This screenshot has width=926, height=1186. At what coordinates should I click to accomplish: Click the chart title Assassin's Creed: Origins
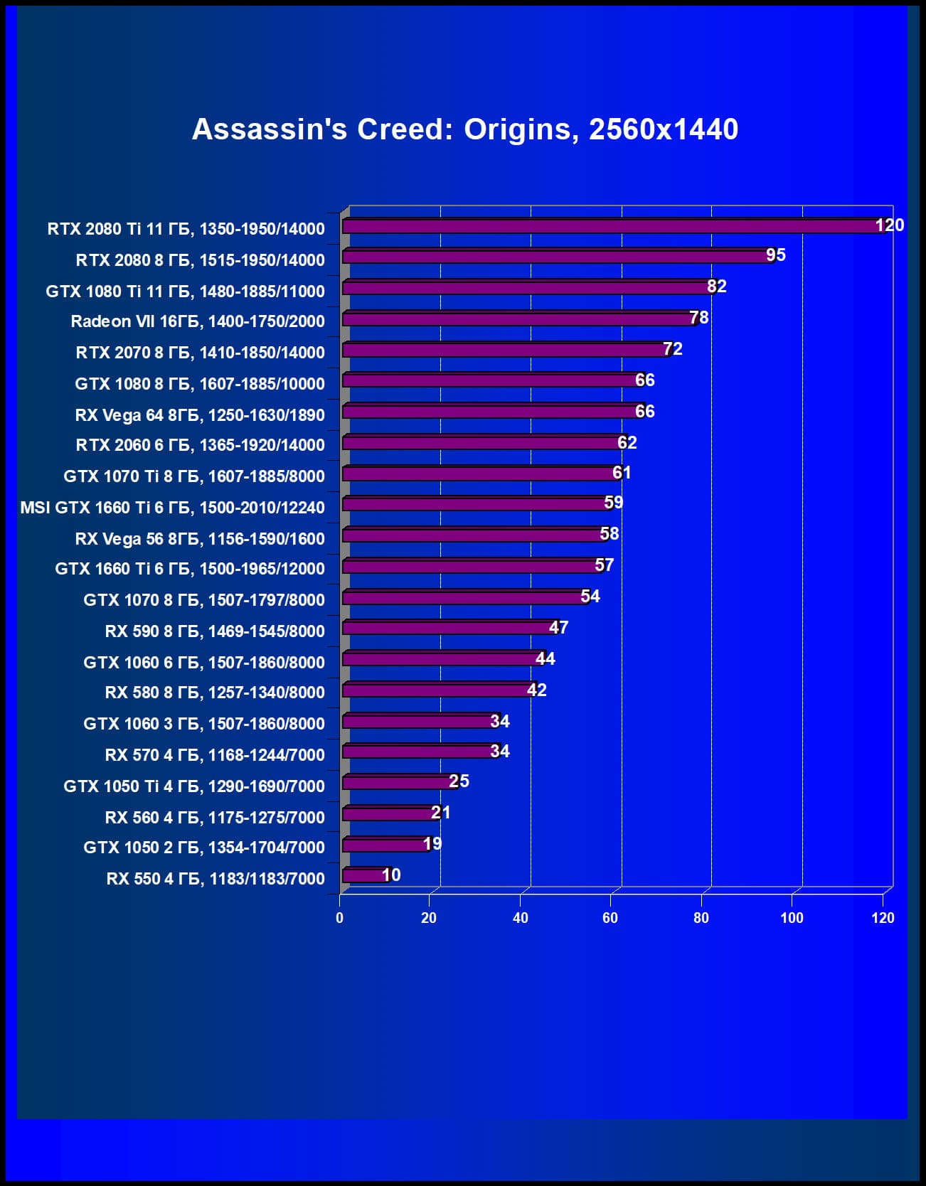465,129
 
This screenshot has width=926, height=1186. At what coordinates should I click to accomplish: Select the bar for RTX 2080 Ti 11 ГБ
612,226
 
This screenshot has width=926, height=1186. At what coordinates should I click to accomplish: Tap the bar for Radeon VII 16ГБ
518,319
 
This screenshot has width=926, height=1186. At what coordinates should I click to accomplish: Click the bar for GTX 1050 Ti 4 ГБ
397,782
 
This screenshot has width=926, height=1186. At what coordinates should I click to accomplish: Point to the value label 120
889,225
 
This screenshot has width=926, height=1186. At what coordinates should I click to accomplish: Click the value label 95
776,255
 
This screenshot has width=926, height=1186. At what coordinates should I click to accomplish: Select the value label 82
717,287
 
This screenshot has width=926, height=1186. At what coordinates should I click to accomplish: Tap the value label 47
558,628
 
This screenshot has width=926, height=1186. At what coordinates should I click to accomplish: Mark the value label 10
391,875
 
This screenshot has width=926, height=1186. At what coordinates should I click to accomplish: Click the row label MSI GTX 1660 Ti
172,508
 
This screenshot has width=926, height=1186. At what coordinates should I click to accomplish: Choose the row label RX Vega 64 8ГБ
199,415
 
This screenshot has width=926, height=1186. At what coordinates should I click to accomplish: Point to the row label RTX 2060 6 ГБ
200,445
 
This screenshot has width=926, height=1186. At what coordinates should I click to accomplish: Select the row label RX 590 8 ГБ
214,631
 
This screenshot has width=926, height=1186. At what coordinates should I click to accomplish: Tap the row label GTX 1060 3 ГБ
203,724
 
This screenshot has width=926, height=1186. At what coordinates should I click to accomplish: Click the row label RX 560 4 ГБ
214,818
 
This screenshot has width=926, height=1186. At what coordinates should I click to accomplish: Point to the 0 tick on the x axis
339,918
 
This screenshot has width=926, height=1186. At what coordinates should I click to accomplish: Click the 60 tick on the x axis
610,918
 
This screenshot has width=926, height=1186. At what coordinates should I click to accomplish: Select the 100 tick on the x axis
792,918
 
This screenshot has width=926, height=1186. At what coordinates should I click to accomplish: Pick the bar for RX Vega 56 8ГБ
473,535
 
